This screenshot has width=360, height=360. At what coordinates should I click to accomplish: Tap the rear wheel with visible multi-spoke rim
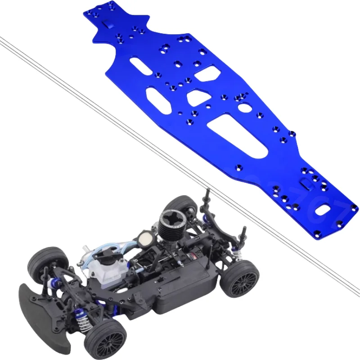[x=238, y=279]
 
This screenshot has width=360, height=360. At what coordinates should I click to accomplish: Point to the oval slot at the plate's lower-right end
[x=324, y=209]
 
